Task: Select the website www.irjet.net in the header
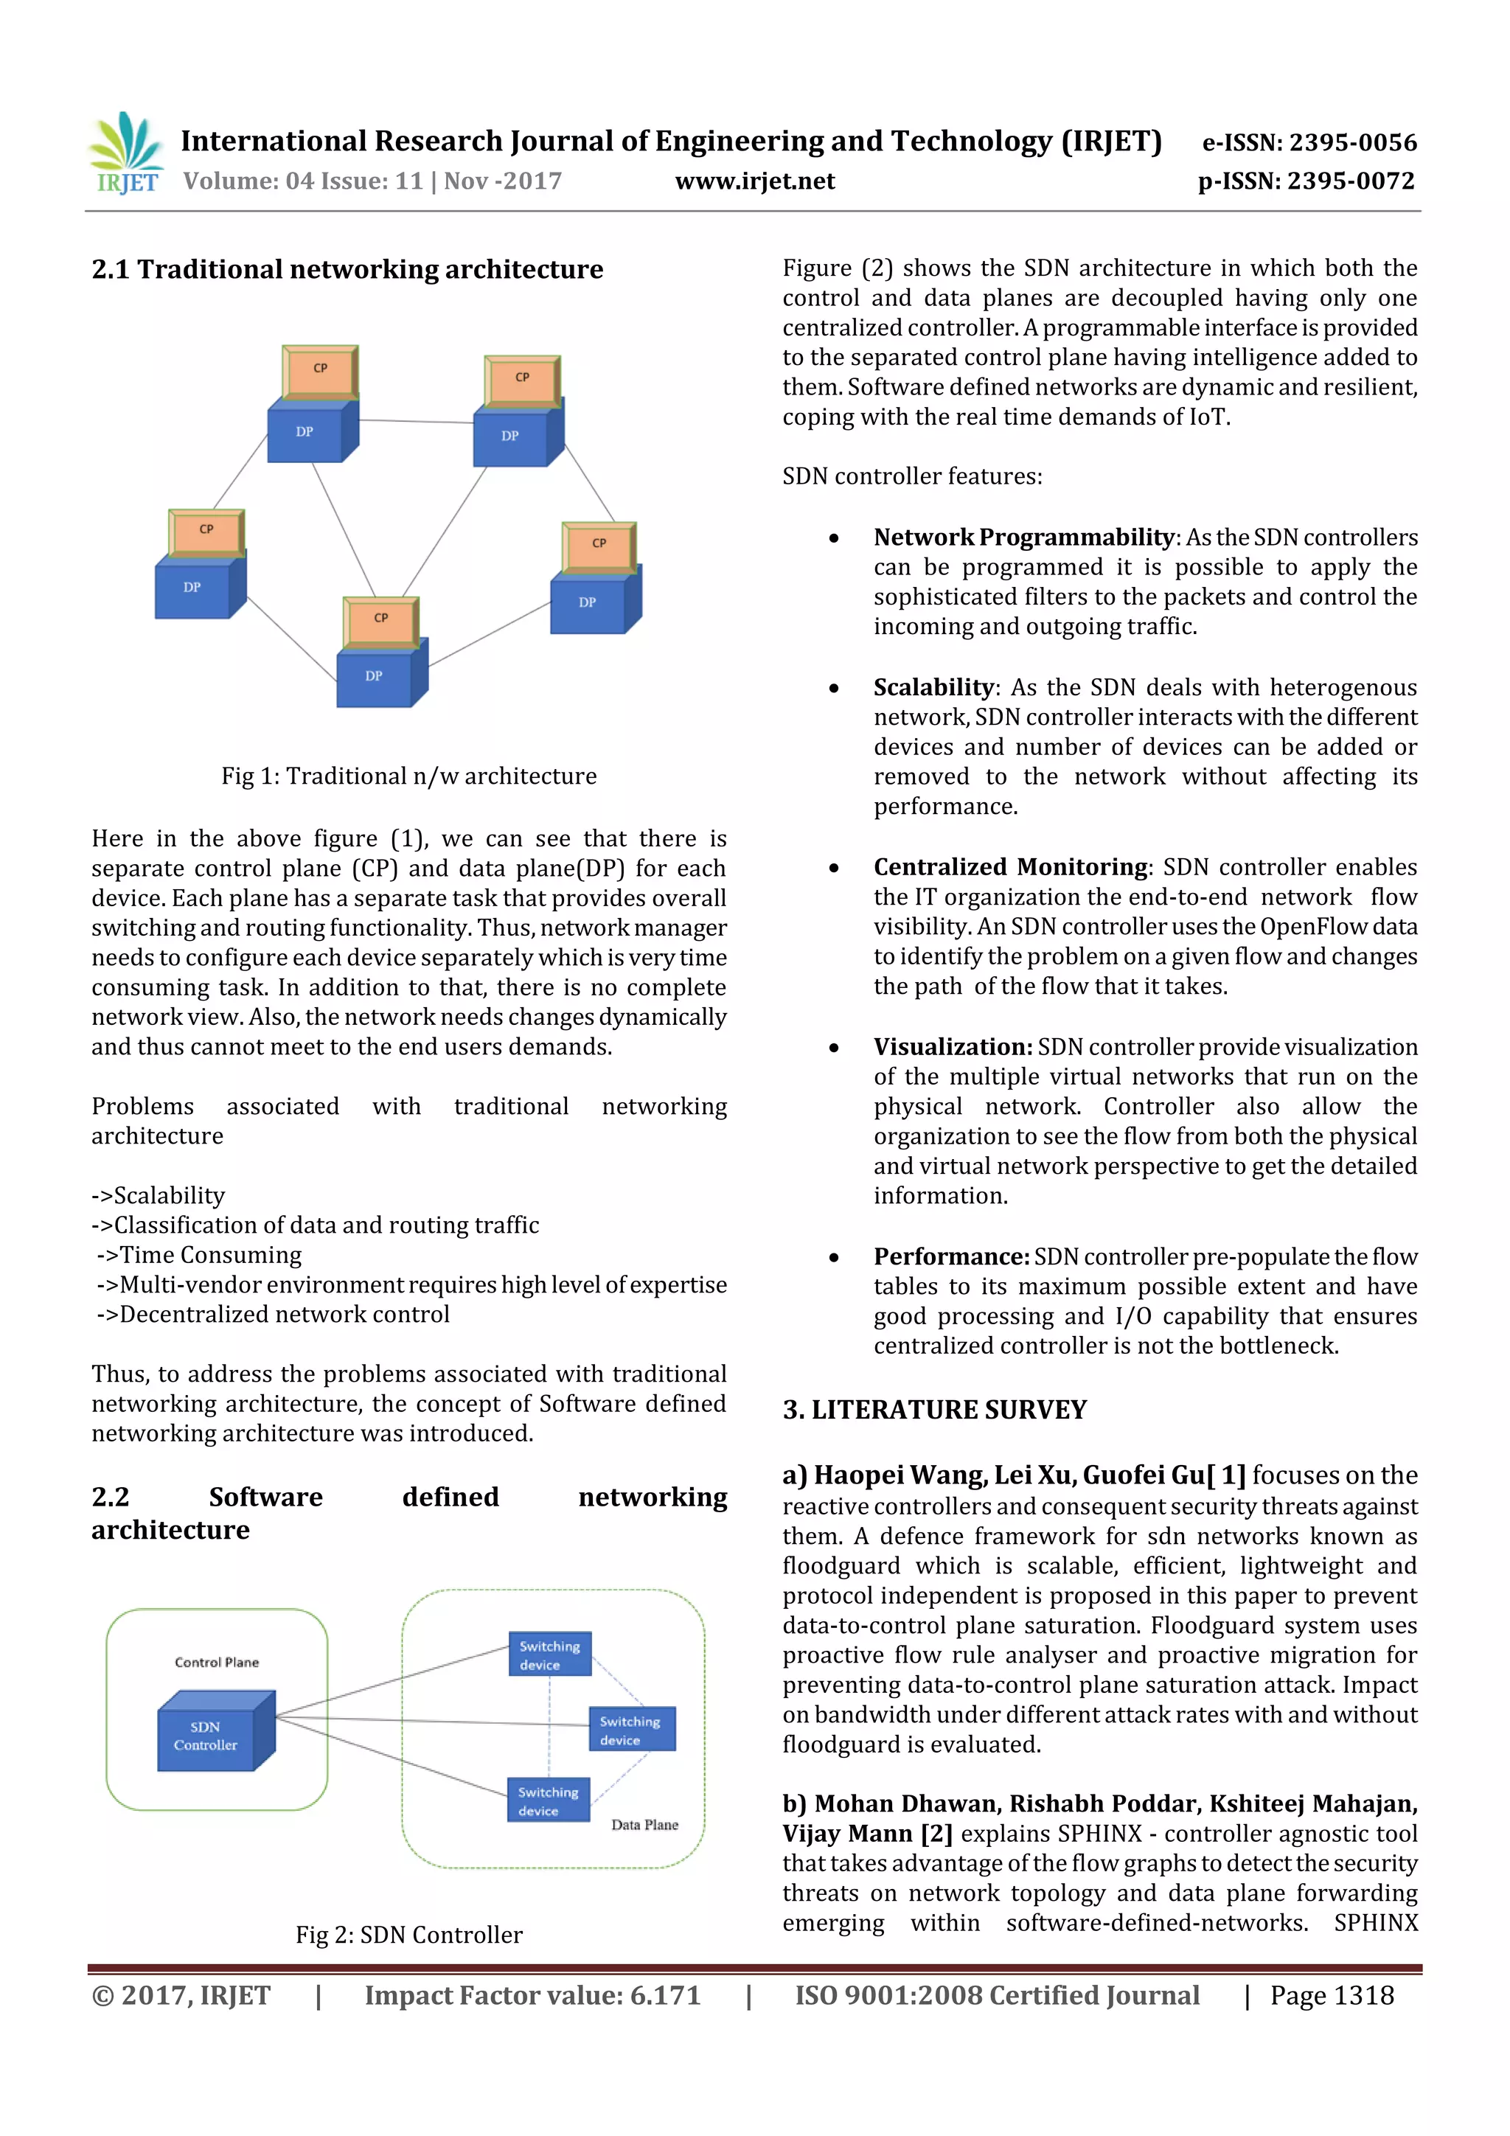(x=754, y=181)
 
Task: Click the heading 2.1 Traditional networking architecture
(x=347, y=270)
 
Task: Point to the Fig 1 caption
(x=408, y=776)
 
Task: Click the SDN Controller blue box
(x=209, y=1736)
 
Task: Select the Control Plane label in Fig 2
(x=217, y=1663)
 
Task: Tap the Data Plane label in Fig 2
(x=644, y=1824)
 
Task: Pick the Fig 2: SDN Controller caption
(x=408, y=1935)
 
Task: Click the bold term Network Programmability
(x=1023, y=538)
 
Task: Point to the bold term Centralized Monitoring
(x=1010, y=867)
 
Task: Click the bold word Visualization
(x=952, y=1048)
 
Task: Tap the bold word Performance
(x=950, y=1257)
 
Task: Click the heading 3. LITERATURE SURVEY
(x=934, y=1410)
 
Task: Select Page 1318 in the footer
(x=1332, y=1995)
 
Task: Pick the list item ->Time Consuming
(x=199, y=1255)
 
